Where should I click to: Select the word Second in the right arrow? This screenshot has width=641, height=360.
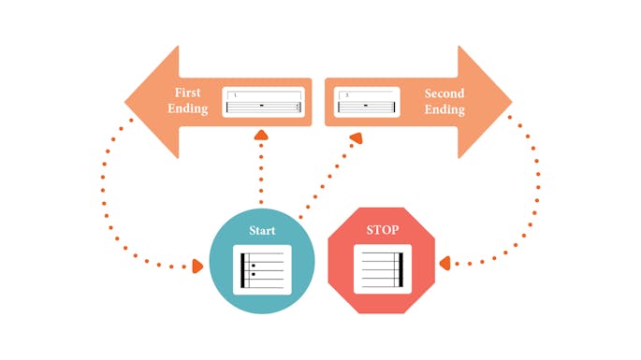[x=444, y=93]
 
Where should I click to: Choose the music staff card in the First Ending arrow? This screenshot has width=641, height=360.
[x=263, y=102]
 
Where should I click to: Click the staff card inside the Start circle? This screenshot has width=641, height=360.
[x=262, y=268]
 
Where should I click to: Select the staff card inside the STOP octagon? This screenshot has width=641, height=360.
[x=382, y=268]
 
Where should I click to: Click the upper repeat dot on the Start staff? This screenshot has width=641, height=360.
[x=253, y=266]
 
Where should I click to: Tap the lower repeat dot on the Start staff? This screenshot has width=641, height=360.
[x=253, y=274]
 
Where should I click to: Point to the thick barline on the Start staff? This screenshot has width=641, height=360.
[x=244, y=269]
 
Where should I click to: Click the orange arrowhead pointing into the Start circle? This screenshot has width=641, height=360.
[x=197, y=267]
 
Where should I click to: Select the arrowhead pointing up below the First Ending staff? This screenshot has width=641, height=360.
[x=261, y=137]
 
